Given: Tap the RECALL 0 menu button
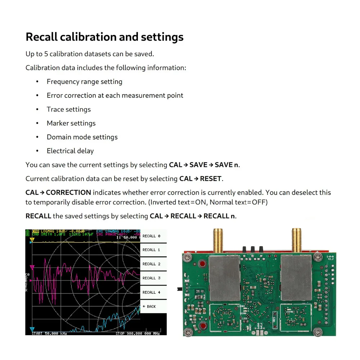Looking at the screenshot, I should pyautogui.click(x=152, y=236).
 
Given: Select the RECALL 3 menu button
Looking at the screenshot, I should pyautogui.click(x=152, y=278).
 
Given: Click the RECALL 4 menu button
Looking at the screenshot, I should pyautogui.click(x=152, y=292).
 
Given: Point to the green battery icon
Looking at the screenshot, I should pyautogui.click(x=28, y=233).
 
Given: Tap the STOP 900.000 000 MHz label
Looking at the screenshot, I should pyautogui.click(x=138, y=333).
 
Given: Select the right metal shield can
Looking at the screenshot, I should pyautogui.click(x=296, y=278).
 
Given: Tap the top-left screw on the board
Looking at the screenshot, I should pyautogui.click(x=187, y=257).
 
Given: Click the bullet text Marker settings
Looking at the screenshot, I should pyautogui.click(x=71, y=123).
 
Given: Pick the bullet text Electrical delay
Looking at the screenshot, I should pyautogui.click(x=70, y=151).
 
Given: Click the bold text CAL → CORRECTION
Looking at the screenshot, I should pyautogui.click(x=58, y=192).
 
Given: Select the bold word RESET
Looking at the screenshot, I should pyautogui.click(x=211, y=179).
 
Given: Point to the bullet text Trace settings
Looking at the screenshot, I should pyautogui.click(x=69, y=109).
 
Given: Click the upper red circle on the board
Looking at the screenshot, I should pyautogui.click(x=202, y=264).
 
